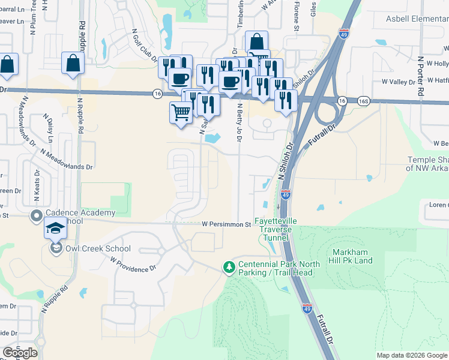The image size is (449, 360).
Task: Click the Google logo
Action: pyautogui.click(x=20, y=353)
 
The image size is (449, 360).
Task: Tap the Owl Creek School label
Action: pyautogui.click(x=97, y=248)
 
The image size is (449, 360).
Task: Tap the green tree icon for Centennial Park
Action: pyautogui.click(x=228, y=266)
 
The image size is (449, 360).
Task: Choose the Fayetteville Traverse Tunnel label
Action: pyautogui.click(x=276, y=229)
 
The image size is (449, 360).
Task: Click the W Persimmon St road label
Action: pyautogui.click(x=226, y=224)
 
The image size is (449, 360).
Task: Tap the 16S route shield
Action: pyautogui.click(x=364, y=100)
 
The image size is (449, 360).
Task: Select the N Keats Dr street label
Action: pyautogui.click(x=37, y=184)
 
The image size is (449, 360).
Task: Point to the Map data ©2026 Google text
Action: pyautogui.click(x=412, y=355)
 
